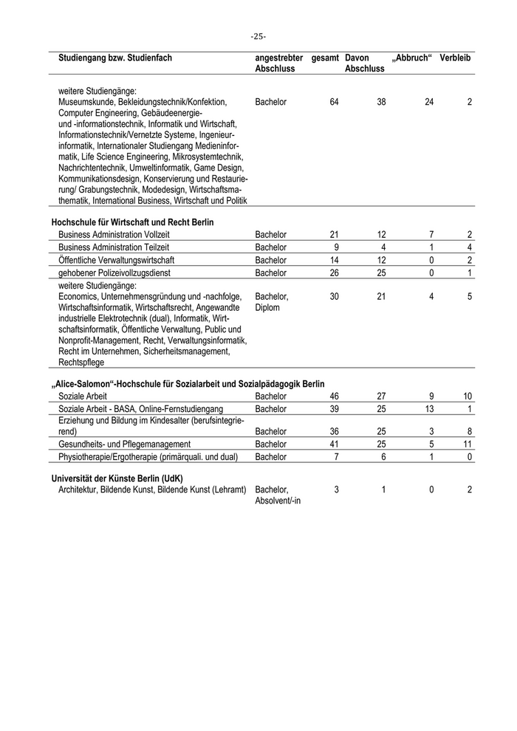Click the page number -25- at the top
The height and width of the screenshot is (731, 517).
coord(258,36)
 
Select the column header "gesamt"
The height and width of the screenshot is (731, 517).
coord(325,58)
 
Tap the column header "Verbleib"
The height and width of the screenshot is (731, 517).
coord(456,58)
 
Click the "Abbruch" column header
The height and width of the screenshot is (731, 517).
coord(411,58)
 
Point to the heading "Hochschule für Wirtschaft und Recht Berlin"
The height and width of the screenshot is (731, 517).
coord(132,222)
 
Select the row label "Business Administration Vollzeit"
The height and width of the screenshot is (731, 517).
coord(114,235)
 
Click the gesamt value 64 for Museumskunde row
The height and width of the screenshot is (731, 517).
coord(334,102)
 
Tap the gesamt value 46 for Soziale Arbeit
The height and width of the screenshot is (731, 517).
coord(334,397)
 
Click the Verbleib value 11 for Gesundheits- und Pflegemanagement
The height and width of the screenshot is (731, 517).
coord(468,445)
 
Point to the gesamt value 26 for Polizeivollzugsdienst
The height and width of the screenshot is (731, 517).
coord(334,273)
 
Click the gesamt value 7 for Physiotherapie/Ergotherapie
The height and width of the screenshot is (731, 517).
coord(336,457)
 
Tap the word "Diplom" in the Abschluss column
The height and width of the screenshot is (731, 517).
coord(267,308)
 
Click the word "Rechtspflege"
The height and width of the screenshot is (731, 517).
coord(82,363)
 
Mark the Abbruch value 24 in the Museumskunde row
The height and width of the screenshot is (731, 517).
coord(429,102)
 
